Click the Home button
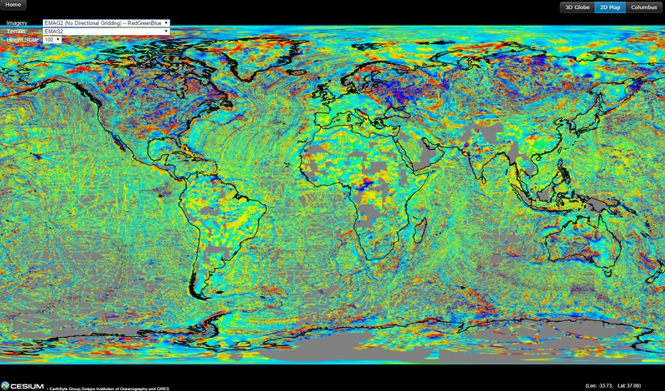pos(13,4)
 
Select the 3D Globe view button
pos(577,7)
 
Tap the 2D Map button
pos(610,7)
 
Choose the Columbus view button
pos(644,7)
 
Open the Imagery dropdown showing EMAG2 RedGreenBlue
pos(106,23)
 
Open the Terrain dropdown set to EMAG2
pos(106,31)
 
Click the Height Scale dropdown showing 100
pos(53,40)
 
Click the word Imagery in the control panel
pos(17,23)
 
